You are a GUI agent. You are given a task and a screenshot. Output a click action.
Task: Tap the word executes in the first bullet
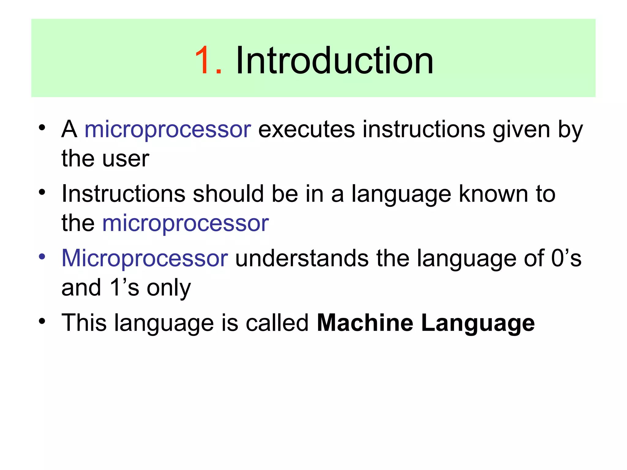point(306,129)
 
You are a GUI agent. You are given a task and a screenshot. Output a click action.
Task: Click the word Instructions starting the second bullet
point(123,194)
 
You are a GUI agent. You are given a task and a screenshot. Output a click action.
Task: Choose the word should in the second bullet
point(228,194)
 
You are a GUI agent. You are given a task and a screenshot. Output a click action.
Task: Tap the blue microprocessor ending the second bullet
point(186,223)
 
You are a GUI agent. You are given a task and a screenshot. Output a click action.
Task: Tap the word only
point(169,288)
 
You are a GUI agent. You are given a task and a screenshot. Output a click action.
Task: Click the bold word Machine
point(365,323)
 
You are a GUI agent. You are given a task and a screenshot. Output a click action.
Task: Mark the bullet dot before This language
point(42,321)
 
